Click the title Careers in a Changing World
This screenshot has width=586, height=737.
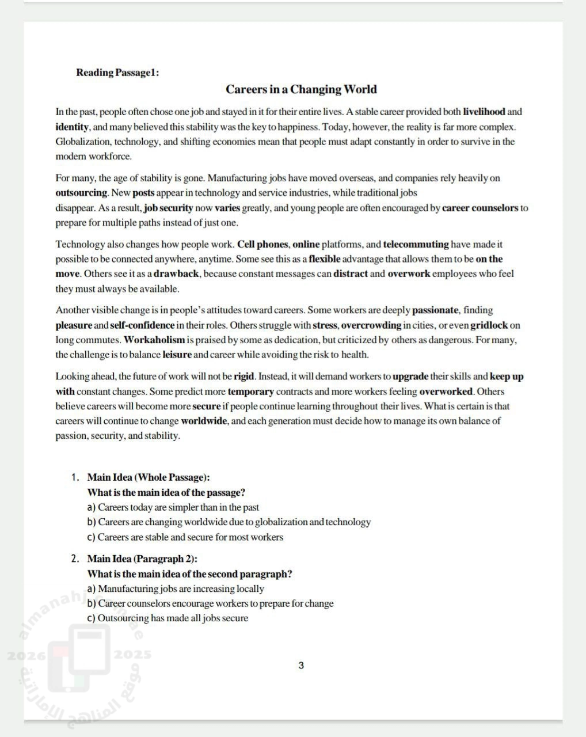(301, 89)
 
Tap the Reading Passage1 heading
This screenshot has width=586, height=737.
(117, 73)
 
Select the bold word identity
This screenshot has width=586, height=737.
(72, 127)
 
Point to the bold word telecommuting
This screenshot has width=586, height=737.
(416, 244)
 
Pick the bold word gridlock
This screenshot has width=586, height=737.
(489, 325)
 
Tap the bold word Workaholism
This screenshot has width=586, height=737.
(154, 340)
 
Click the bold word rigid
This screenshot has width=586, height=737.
(243, 377)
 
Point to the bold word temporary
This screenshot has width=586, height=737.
(250, 392)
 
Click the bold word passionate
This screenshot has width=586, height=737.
(435, 310)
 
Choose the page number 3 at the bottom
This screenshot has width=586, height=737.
(301, 666)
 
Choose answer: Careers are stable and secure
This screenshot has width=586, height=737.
(190, 537)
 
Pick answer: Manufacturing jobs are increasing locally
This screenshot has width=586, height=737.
(181, 588)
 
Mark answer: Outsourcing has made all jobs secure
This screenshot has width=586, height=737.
(173, 618)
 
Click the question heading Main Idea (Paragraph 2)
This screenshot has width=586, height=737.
(142, 559)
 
